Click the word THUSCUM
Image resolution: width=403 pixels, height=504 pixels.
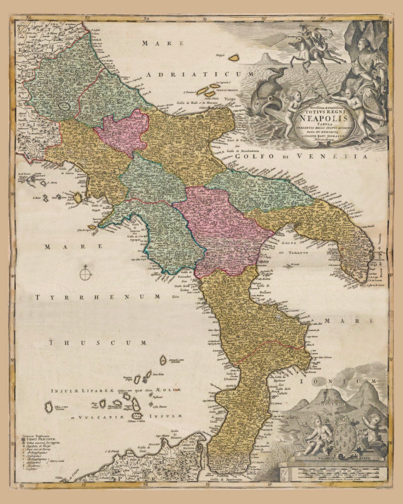pyautogui.click(x=98, y=342)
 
